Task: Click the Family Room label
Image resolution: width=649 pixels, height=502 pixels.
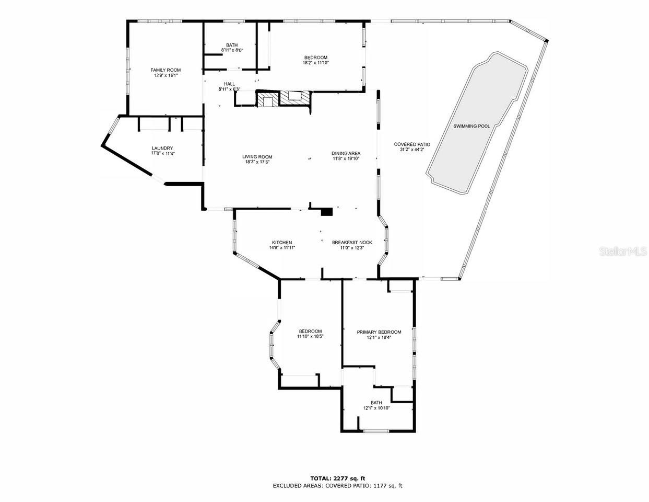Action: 166,70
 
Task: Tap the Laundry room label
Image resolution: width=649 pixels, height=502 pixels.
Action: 162,148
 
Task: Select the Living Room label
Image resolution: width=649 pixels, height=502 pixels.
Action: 257,157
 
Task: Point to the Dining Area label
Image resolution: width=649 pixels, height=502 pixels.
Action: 346,153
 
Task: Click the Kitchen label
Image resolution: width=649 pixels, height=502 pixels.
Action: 281,242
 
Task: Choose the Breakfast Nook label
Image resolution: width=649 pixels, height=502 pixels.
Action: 352,242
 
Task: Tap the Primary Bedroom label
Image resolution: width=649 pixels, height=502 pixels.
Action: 379,332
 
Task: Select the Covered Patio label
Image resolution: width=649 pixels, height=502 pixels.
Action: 411,144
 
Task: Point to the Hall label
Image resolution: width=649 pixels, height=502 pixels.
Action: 229,84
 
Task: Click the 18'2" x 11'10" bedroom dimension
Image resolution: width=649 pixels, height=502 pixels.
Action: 315,63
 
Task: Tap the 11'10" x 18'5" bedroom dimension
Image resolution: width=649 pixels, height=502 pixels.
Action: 310,337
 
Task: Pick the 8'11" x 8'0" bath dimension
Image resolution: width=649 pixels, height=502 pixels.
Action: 232,50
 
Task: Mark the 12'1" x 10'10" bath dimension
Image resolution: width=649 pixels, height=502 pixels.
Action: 376,408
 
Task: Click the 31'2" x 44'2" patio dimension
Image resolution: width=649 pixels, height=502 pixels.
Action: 411,150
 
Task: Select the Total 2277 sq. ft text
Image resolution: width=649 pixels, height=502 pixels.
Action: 337,478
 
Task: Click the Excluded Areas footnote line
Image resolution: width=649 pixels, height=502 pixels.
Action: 337,486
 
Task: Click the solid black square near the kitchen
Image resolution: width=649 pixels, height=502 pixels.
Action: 327,212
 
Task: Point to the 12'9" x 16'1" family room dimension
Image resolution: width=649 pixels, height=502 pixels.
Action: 166,75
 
